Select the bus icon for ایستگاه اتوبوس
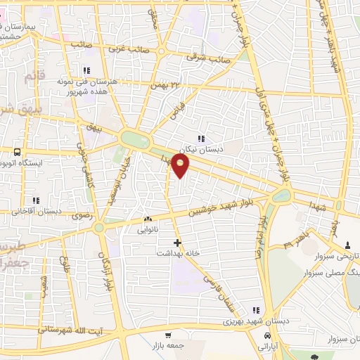pyautogui.click(x=18, y=150)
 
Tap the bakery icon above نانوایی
pyautogui.click(x=147, y=219)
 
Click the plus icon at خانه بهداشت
pyautogui.click(x=177, y=243)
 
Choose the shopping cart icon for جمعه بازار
pyautogui.click(x=168, y=335)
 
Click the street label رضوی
pyautogui.click(x=83, y=214)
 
